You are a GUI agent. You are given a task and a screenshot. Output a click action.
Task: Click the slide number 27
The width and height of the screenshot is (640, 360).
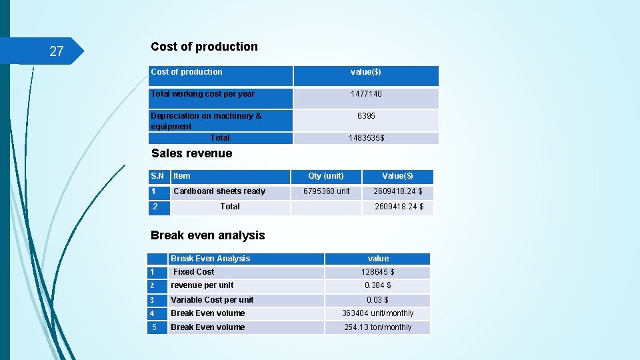(x=56, y=51)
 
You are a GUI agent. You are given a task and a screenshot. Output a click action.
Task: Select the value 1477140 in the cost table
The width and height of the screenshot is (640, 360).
(x=366, y=94)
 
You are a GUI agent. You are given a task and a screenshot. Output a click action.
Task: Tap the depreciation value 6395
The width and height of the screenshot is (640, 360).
(x=366, y=116)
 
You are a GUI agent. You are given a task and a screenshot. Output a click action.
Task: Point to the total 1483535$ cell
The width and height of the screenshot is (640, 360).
(x=366, y=138)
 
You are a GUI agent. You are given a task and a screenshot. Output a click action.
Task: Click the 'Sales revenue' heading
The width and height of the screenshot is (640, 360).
(x=191, y=153)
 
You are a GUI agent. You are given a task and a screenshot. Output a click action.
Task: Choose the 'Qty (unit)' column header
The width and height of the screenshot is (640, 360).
(x=325, y=176)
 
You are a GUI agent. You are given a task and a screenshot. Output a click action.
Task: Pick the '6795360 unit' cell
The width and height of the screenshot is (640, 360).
(x=326, y=191)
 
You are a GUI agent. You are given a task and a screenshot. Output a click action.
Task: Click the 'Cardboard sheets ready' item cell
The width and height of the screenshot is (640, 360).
(x=219, y=191)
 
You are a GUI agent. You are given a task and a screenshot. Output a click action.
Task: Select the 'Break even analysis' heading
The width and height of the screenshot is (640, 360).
(x=207, y=235)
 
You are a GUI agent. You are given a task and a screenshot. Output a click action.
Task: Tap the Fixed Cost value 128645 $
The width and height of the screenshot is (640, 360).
(x=377, y=272)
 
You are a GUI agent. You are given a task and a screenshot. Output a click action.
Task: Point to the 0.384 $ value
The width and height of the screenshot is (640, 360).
(x=377, y=285)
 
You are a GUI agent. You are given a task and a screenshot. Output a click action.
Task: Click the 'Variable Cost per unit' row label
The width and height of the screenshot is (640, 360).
(x=212, y=300)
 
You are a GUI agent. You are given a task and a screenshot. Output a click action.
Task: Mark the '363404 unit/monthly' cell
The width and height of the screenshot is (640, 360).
(x=377, y=313)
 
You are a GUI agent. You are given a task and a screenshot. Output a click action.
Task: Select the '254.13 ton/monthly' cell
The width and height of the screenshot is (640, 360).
(x=377, y=327)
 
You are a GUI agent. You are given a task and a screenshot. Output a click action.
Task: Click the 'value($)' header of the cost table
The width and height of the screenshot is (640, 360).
(x=366, y=72)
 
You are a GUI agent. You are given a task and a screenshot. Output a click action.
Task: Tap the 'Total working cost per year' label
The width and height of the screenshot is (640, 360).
(x=203, y=94)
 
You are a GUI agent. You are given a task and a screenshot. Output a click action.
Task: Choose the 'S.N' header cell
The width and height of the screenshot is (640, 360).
(x=157, y=176)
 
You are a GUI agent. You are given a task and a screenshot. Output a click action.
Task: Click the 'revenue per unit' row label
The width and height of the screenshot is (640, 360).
(x=202, y=285)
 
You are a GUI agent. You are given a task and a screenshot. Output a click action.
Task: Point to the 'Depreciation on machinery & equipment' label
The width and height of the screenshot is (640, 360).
(x=206, y=121)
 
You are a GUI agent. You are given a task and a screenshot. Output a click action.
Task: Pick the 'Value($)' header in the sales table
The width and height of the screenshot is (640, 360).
(x=397, y=176)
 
